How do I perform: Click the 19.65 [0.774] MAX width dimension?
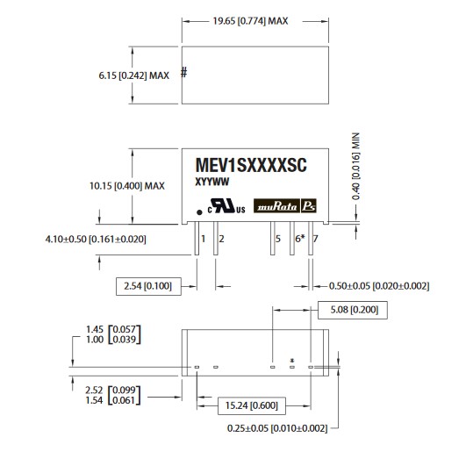250,21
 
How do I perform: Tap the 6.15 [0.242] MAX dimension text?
133,75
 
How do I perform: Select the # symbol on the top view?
184,72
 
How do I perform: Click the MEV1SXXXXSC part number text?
251,165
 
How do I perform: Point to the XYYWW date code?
211,182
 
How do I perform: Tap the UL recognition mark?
226,206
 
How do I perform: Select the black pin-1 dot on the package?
200,212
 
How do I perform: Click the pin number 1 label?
204,239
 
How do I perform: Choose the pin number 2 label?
221,239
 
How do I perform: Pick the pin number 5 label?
278,239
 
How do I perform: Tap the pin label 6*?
300,239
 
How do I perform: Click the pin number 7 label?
315,239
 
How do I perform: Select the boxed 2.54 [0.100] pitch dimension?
148,286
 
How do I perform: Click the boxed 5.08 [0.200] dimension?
353,310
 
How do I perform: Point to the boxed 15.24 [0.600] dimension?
252,405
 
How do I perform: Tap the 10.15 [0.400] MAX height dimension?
127,186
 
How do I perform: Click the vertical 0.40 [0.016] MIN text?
355,166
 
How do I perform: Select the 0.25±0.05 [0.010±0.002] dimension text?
277,428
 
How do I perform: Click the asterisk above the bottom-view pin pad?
292,361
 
